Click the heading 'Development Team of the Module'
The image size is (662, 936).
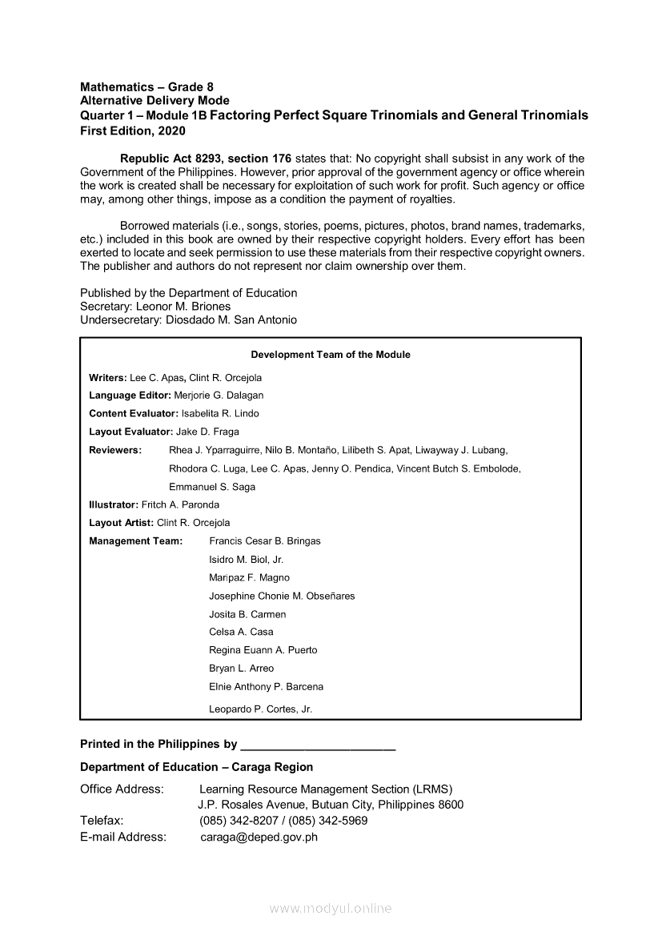point(331,355)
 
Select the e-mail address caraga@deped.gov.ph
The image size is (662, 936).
point(259,838)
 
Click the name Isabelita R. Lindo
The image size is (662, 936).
point(220,414)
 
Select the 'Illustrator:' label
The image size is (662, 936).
point(114,505)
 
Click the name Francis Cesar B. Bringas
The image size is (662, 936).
point(264,541)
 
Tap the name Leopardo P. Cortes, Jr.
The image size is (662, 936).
point(260,709)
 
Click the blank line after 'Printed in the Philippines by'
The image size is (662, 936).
point(318,745)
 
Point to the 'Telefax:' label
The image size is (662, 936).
point(102,821)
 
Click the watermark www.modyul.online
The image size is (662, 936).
point(331,908)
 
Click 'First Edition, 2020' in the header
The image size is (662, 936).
point(133,130)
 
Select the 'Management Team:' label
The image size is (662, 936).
point(135,541)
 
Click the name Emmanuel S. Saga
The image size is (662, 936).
point(212,487)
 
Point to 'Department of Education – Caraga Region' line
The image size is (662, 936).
point(196,767)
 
